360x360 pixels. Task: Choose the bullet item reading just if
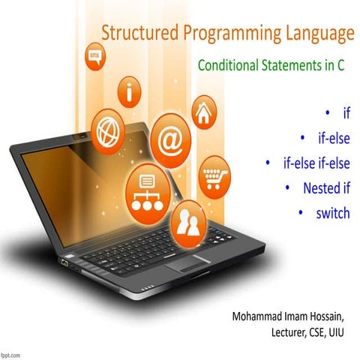point(346,113)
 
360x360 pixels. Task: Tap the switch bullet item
point(332,213)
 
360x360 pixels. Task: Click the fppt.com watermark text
point(13,353)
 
